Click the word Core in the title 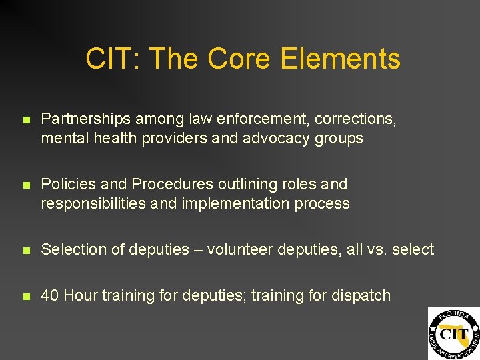point(237,59)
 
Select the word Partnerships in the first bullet point(86,119)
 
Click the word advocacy point(280,139)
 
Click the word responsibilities point(94,203)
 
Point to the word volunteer point(240,249)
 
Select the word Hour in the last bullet point(81,295)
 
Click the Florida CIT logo point(453,333)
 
